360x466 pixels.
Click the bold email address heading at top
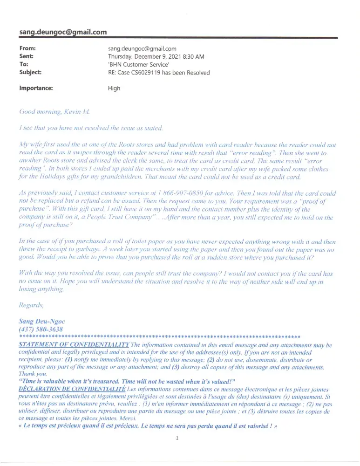point(63,32)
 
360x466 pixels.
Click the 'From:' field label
point(27,48)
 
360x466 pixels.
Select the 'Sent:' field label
point(27,56)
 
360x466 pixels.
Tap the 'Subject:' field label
point(30,72)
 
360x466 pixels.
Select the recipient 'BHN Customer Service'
point(138,64)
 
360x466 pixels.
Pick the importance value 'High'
point(114,88)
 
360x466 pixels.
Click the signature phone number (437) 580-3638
point(41,329)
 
